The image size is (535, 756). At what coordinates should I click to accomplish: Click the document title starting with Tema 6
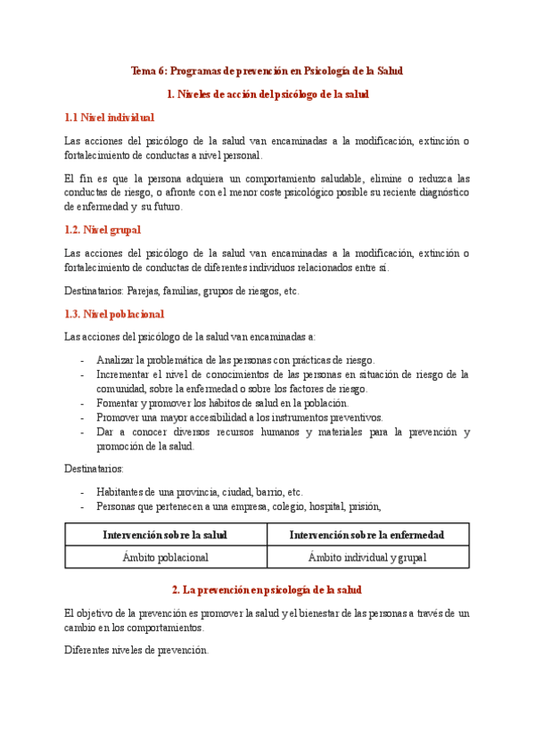267,70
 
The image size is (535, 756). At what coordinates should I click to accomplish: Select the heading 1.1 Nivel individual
109,117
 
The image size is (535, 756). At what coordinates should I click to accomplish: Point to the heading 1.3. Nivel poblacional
114,314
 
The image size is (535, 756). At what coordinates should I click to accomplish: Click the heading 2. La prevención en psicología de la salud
267,590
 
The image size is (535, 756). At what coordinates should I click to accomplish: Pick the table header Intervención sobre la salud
165,535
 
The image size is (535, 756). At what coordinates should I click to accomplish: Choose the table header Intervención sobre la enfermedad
367,535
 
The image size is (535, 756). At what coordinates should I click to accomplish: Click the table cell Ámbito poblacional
165,557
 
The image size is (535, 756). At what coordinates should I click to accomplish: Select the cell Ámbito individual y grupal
367,557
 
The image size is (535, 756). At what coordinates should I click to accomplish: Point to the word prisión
365,505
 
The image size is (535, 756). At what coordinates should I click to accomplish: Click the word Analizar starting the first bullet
116,360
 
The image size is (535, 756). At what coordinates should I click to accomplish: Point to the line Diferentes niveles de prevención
136,650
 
